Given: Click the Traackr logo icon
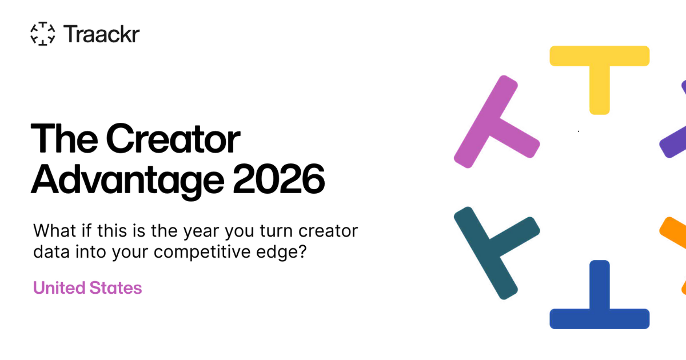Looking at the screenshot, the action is (43, 34).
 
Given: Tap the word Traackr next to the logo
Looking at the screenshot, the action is (101, 34).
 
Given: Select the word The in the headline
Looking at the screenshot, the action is (64, 138).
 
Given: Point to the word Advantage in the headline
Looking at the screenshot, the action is (127, 181).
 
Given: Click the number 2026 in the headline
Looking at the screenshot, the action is (279, 179).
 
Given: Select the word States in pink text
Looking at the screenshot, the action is (115, 288).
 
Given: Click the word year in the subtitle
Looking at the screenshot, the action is (201, 231).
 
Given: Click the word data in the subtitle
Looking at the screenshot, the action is (51, 251).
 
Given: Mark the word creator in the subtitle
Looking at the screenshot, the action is (328, 231).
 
